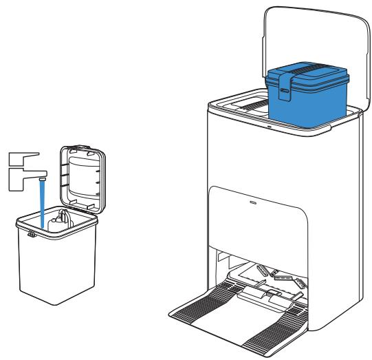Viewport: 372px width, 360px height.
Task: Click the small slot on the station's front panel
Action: coord(252,202)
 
